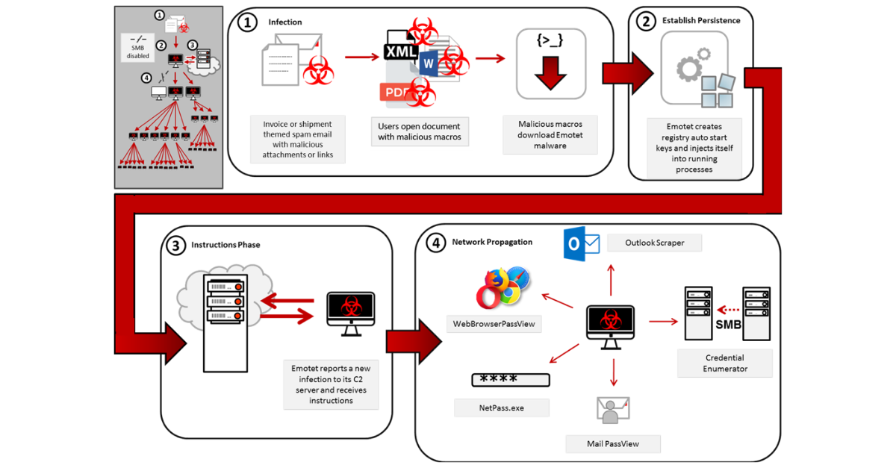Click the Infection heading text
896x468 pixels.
point(285,22)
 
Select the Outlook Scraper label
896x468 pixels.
point(654,243)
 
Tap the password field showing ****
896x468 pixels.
point(511,379)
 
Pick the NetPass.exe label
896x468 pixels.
point(502,408)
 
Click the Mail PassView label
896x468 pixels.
point(612,443)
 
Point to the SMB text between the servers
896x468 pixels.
point(728,325)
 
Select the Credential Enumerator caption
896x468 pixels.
point(724,363)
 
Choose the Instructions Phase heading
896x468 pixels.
point(225,245)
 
